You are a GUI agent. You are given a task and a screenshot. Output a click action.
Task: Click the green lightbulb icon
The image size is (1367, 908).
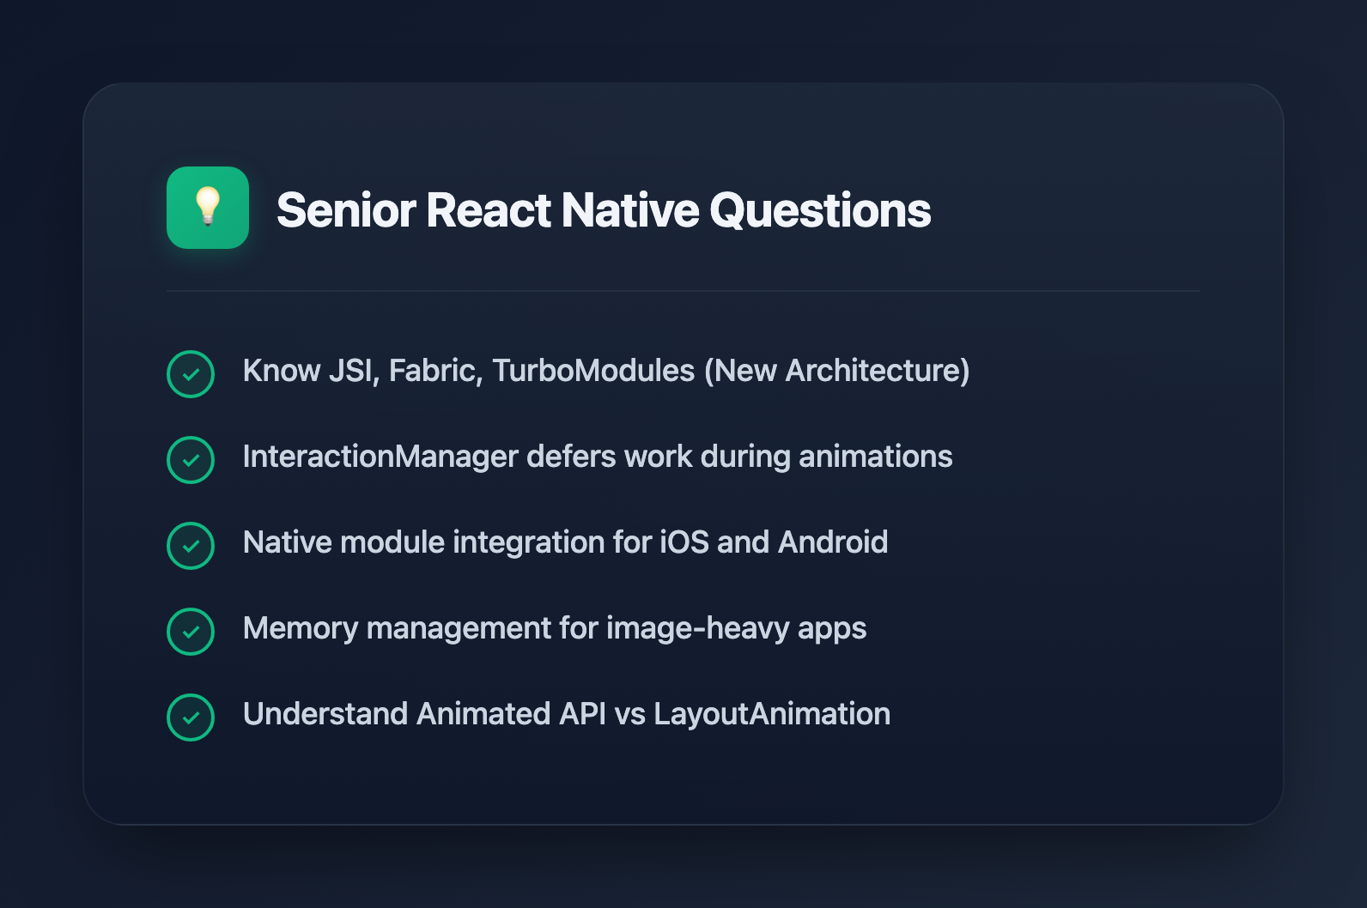(208, 208)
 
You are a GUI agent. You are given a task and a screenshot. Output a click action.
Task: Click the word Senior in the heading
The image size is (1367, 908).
(345, 210)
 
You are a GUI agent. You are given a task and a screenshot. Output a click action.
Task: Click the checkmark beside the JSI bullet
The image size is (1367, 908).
(191, 374)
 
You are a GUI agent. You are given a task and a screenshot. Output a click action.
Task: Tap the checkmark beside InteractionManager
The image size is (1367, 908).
(191, 460)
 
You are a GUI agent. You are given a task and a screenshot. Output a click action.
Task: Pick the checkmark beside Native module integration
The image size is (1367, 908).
(191, 546)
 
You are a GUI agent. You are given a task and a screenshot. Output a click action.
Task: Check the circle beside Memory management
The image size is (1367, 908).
(191, 632)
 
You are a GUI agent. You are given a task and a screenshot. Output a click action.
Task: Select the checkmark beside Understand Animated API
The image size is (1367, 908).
(191, 717)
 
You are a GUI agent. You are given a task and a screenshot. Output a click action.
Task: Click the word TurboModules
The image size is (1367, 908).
(593, 371)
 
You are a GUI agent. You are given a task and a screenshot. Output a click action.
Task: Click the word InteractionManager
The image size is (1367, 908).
(380, 457)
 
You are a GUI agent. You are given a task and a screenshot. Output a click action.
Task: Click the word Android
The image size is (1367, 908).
(833, 542)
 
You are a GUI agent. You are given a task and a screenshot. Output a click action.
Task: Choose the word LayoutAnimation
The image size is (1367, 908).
(772, 714)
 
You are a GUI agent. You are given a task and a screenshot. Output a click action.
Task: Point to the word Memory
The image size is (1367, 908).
(300, 628)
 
